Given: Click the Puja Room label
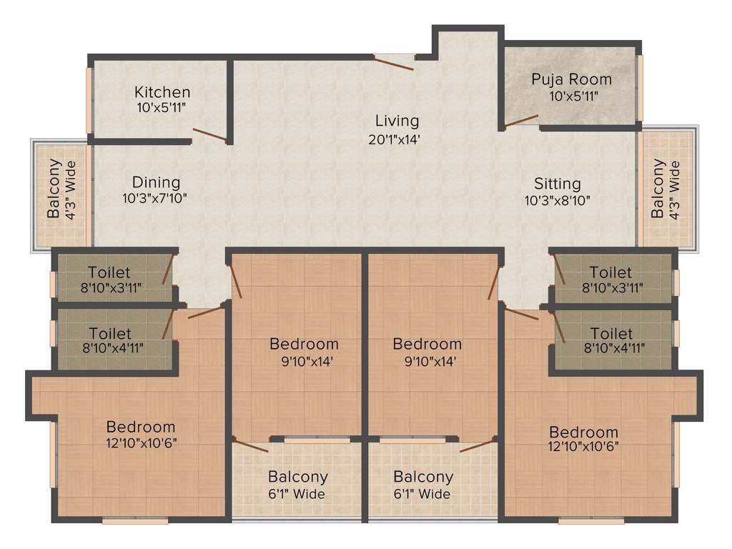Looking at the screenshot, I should [x=571, y=79].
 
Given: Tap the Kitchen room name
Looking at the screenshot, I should [x=162, y=91].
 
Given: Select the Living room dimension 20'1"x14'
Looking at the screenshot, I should [x=390, y=139].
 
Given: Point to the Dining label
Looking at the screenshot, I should [x=156, y=182].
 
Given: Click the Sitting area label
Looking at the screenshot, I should [x=558, y=184].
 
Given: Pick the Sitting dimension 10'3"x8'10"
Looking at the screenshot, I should [x=558, y=201].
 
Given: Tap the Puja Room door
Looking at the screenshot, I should [x=521, y=121].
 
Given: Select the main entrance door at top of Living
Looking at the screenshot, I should [x=394, y=63].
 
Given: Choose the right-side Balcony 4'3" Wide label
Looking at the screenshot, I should [x=673, y=189].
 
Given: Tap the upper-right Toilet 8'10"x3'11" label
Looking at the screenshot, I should [x=611, y=280].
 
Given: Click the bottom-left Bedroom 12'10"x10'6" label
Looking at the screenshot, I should [x=141, y=435].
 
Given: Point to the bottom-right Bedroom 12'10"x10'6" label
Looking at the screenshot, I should [x=583, y=439].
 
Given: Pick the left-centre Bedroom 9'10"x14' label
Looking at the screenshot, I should [x=304, y=352].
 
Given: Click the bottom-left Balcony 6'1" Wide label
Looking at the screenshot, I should [x=297, y=485].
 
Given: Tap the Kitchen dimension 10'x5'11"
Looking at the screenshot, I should [x=162, y=108].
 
